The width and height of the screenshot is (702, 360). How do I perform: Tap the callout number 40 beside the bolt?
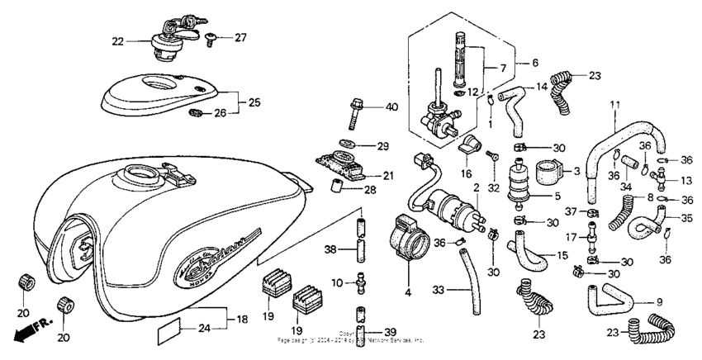[x=391, y=107]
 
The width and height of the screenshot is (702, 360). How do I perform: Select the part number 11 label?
[x=614, y=105]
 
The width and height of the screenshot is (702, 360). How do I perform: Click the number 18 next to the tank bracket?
[x=242, y=319]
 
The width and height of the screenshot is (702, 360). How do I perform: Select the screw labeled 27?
[x=211, y=38]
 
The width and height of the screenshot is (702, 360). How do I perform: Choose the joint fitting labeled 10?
[x=359, y=284]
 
